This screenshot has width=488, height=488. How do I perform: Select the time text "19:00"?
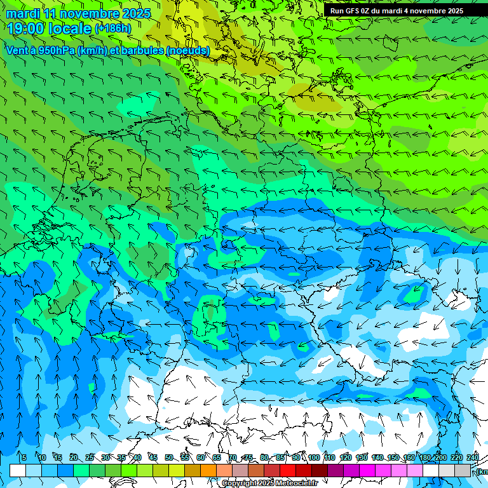(26, 28)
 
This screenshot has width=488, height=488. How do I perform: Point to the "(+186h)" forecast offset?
(113, 29)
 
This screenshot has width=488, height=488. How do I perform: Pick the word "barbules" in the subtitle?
(137, 50)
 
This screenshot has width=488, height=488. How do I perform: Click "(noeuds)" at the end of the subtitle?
(187, 50)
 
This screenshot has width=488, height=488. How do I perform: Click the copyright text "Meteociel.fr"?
(294, 484)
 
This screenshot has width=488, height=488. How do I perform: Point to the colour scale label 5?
(24, 457)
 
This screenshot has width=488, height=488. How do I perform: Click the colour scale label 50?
(169, 457)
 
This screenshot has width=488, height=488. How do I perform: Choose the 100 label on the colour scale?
(314, 457)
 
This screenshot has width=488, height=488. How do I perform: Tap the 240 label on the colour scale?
(473, 457)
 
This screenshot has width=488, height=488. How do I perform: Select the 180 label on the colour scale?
(425, 457)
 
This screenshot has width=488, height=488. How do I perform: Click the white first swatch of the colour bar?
(18, 470)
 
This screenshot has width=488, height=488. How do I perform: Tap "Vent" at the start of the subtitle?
(17, 50)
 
